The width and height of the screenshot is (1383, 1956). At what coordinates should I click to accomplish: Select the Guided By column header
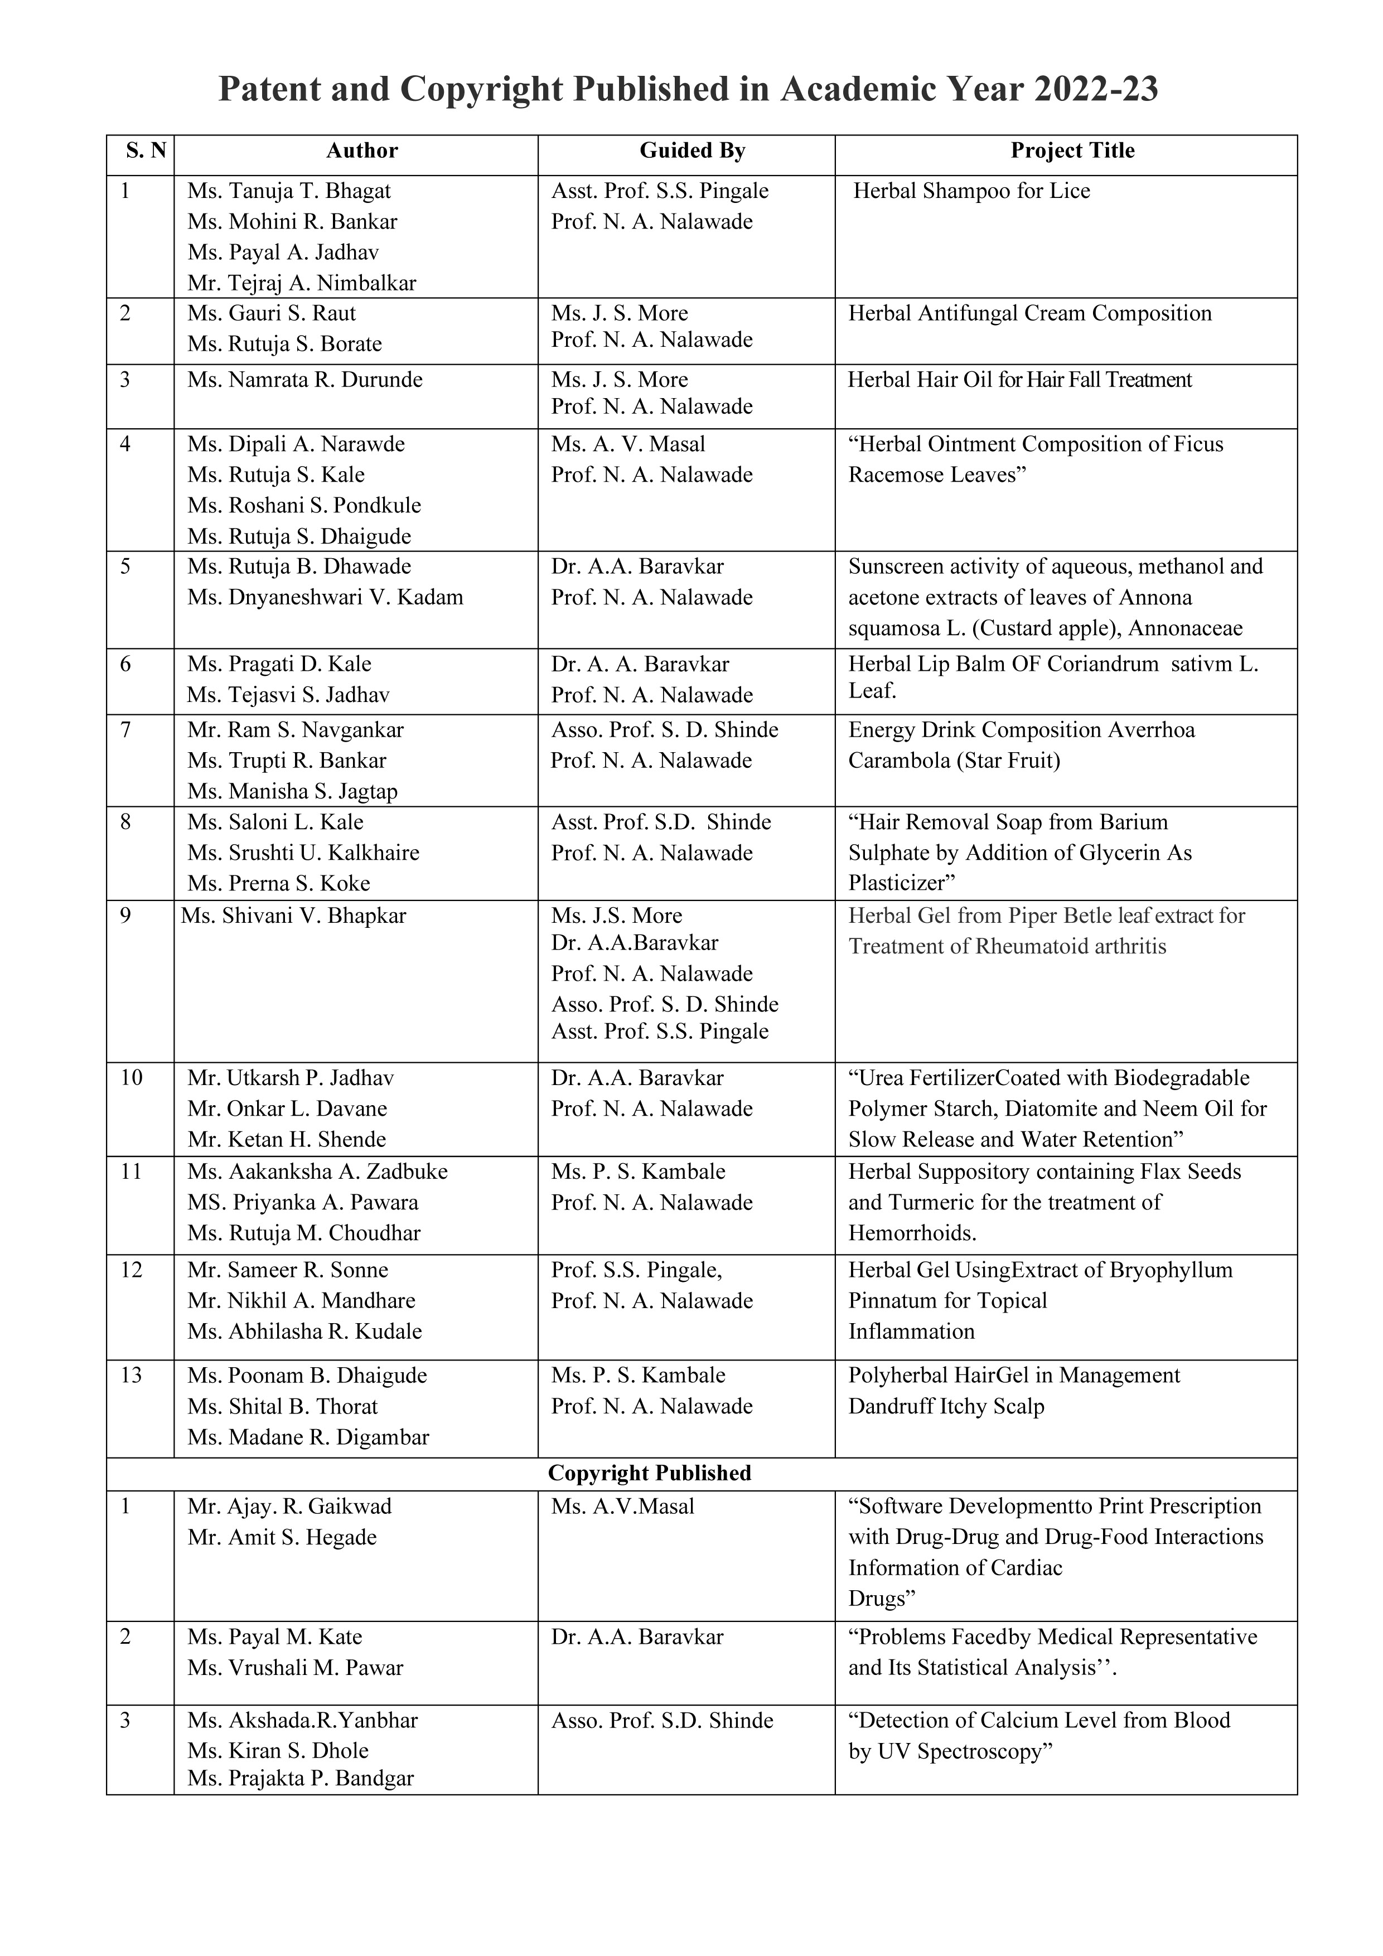692,151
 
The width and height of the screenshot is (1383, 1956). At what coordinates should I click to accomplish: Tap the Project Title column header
1072,151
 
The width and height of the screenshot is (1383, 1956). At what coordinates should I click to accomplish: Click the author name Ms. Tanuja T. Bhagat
289,191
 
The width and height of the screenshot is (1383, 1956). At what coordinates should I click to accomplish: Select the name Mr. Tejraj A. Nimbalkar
302,283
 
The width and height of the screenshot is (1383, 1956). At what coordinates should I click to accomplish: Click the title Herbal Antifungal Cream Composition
1029,313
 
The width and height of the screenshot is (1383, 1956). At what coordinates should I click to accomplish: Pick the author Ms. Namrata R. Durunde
305,379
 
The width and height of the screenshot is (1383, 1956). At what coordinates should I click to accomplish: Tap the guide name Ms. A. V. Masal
628,444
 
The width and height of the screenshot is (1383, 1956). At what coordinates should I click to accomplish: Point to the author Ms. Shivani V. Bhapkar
293,916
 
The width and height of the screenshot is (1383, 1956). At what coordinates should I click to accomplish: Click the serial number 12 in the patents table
131,1270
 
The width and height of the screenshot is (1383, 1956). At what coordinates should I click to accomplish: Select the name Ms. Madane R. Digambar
308,1437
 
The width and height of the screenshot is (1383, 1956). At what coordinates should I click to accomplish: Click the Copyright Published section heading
649,1474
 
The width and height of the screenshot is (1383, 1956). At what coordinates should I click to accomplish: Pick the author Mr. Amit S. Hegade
282,1538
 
